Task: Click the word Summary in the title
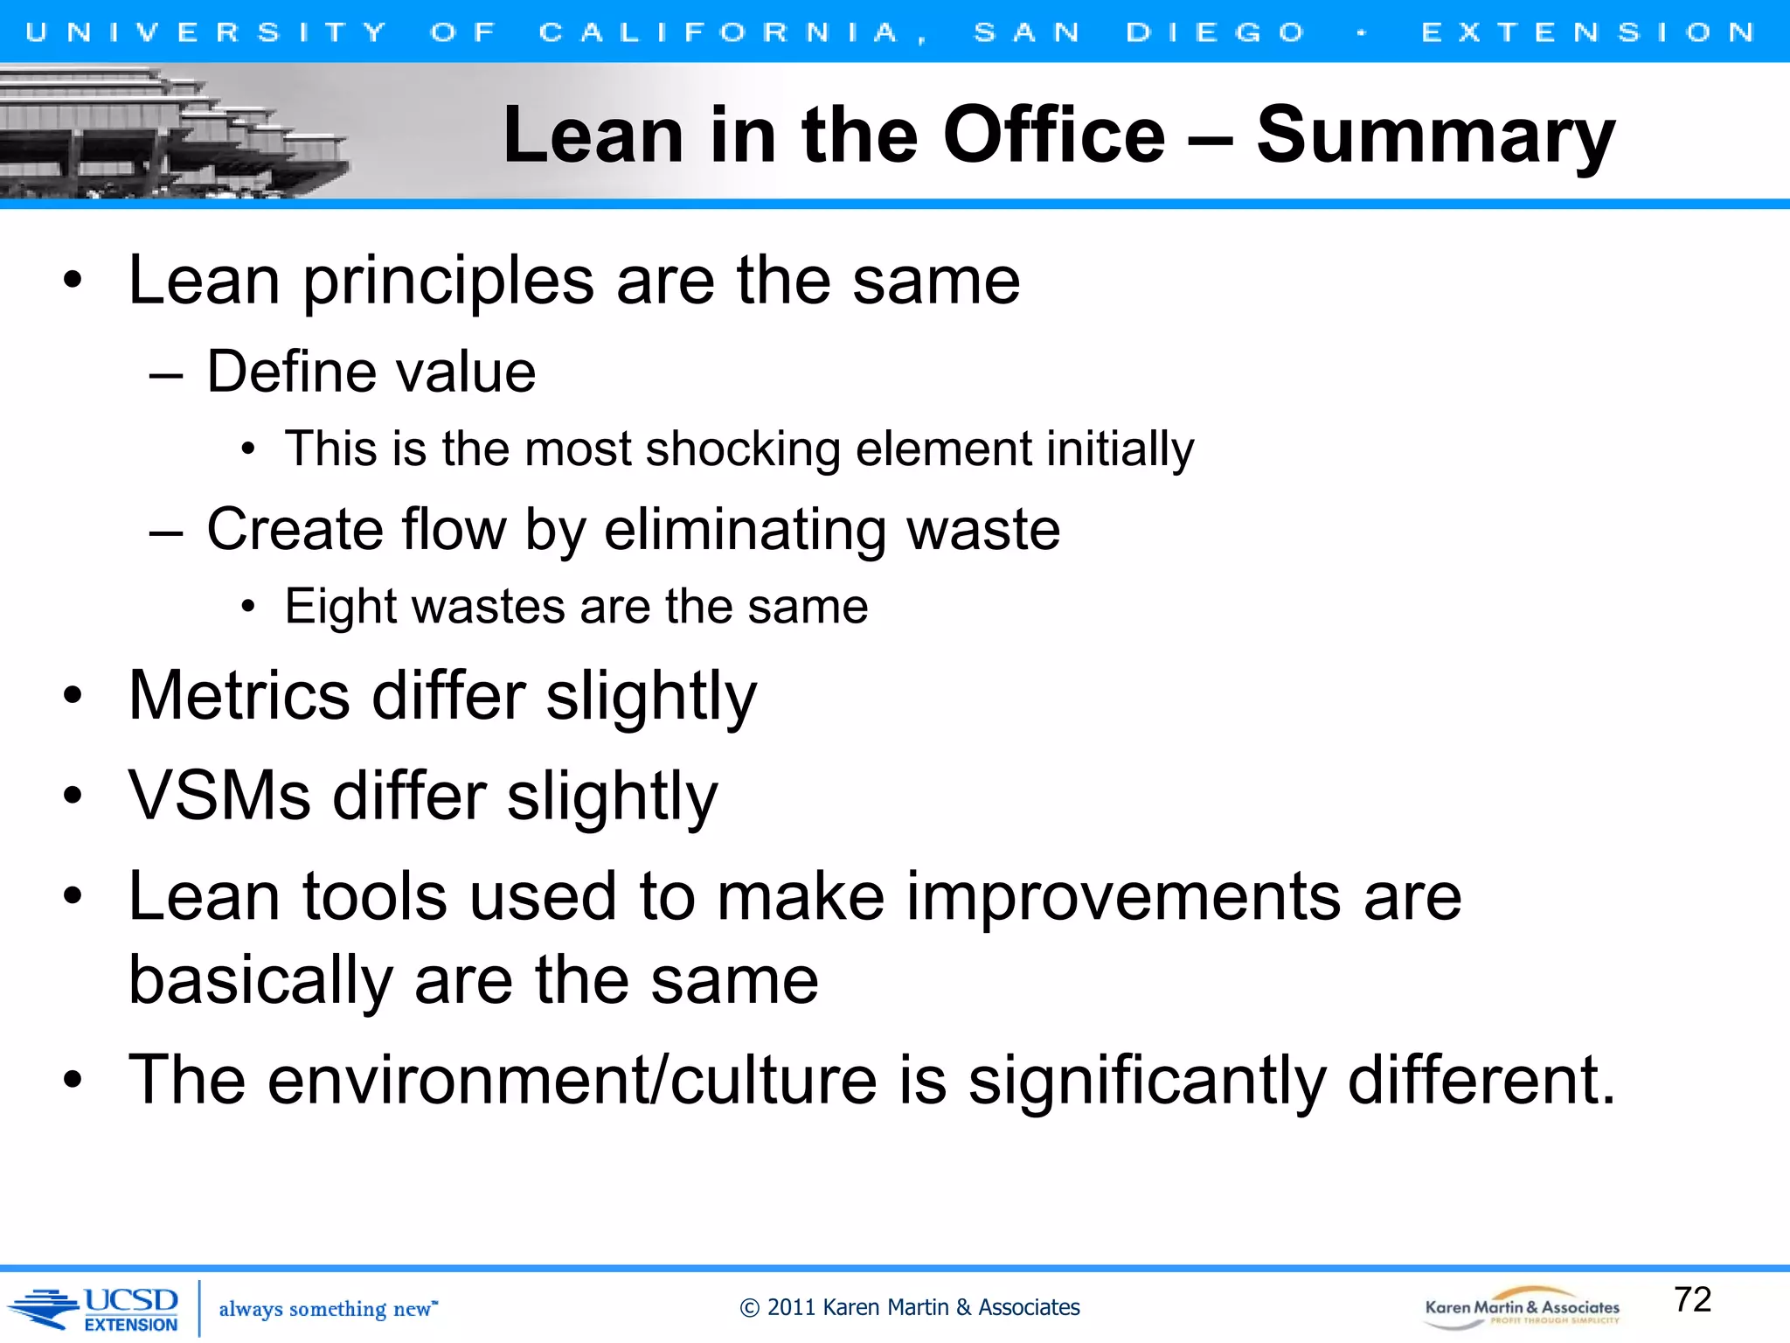[1435, 136]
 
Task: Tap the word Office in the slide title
[1054, 136]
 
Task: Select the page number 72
[1692, 1299]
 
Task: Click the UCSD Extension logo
[96, 1309]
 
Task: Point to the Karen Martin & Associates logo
[1522, 1308]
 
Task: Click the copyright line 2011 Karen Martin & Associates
[909, 1307]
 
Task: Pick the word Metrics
[239, 697]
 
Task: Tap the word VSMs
[219, 797]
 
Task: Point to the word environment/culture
[572, 1081]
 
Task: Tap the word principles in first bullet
[448, 282]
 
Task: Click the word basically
[260, 981]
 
